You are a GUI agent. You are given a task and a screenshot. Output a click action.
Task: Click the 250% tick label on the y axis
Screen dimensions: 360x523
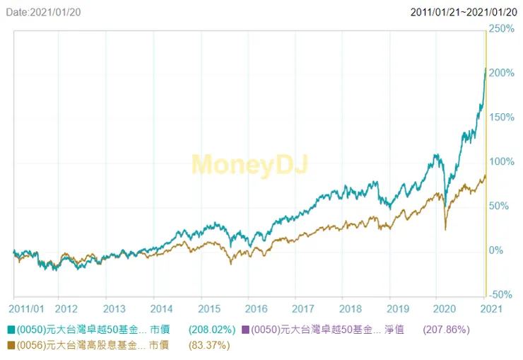pos(501,29)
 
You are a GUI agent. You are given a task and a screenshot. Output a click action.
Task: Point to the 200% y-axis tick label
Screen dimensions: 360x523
pos(501,73)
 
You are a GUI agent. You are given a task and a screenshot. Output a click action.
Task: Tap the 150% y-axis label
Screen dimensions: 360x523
pos(501,117)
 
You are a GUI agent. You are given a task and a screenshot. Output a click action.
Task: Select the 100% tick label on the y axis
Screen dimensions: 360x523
pos(501,161)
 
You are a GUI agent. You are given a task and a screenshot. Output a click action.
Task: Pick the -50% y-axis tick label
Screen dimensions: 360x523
pos(501,295)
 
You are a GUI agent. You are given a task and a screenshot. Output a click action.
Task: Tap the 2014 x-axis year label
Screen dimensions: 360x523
pos(162,309)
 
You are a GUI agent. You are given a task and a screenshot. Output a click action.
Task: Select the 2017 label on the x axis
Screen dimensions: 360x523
pos(302,309)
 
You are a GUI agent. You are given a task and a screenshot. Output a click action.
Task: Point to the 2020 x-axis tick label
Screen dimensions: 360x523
pos(445,309)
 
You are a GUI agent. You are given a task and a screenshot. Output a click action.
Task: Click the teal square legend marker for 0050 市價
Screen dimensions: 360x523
pos(11,330)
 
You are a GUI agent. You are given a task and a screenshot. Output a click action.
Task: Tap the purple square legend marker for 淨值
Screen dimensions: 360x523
pos(246,330)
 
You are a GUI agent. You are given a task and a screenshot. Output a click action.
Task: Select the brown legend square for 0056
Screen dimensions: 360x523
pos(11,345)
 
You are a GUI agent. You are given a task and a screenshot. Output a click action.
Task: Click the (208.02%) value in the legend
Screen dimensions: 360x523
pos(212,330)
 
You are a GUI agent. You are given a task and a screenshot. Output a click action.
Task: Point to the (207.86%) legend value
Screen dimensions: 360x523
pos(446,330)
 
